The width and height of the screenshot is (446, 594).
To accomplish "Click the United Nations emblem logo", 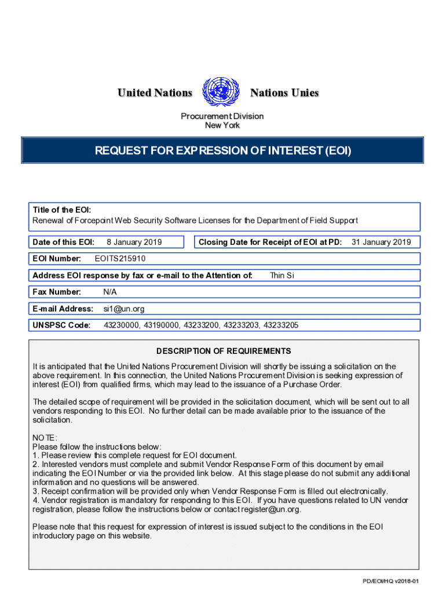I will (x=221, y=92).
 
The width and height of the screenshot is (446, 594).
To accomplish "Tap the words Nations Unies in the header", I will (x=284, y=93).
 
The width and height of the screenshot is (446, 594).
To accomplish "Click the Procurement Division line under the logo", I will (x=222, y=116).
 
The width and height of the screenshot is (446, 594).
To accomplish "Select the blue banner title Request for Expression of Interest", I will (x=222, y=151).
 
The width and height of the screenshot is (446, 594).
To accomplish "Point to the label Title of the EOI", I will (x=61, y=210).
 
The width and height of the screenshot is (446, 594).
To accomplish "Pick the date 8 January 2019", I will (x=134, y=242).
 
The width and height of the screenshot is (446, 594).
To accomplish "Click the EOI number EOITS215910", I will (x=124, y=259).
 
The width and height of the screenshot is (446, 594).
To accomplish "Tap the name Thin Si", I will (x=282, y=276).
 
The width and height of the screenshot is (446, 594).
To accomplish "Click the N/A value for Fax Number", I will (x=110, y=292).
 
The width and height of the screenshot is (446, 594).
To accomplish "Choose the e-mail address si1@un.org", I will (x=124, y=309).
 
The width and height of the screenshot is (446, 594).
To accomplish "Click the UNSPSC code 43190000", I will (x=164, y=325).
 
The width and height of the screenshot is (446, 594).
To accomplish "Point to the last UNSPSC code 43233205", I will (x=281, y=325).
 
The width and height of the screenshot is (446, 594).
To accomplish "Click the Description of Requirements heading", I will (x=224, y=351).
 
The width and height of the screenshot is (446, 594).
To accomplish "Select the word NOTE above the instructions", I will (x=45, y=438).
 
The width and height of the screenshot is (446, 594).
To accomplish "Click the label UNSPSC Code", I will (x=61, y=325).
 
